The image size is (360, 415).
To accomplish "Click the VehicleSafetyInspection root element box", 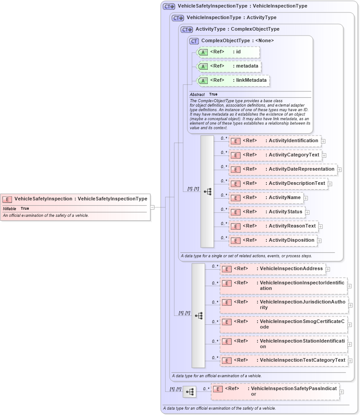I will click(75, 199).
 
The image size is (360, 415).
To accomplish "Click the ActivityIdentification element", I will click(274, 141).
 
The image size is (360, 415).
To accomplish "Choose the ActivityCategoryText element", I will click(275, 155).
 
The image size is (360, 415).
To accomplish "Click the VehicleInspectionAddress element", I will click(273, 269).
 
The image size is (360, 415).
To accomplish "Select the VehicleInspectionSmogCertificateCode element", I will click(283, 324).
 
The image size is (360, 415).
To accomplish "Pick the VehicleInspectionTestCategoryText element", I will click(284, 360).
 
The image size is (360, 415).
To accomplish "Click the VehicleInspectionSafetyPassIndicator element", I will click(275, 391).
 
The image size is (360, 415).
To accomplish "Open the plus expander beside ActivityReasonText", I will click(320, 227).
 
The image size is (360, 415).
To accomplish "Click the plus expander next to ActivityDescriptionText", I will click(330, 184).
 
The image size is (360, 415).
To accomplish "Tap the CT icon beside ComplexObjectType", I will click(194, 41).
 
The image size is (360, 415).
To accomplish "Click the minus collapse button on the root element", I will click(152, 207).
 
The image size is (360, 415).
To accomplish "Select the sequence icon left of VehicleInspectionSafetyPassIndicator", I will click(190, 392).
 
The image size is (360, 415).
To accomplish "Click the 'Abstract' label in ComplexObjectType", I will click(197, 95).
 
